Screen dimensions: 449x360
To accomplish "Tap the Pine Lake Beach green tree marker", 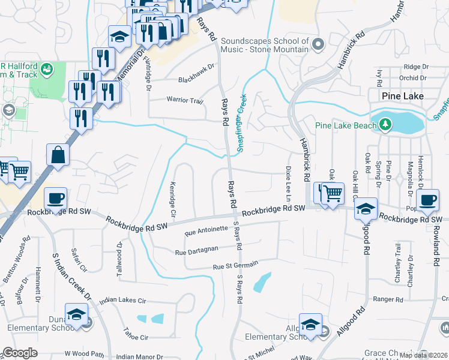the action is point(385,125).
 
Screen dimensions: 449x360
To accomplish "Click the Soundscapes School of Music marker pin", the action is point(318,44).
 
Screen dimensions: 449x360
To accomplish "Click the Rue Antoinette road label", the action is point(206,229).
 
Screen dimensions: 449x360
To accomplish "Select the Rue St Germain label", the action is point(236,265).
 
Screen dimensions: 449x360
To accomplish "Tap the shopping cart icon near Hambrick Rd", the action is point(332,194).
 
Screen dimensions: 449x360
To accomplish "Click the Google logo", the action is point(20,353).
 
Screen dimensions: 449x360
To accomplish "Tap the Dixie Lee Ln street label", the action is point(288,183).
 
